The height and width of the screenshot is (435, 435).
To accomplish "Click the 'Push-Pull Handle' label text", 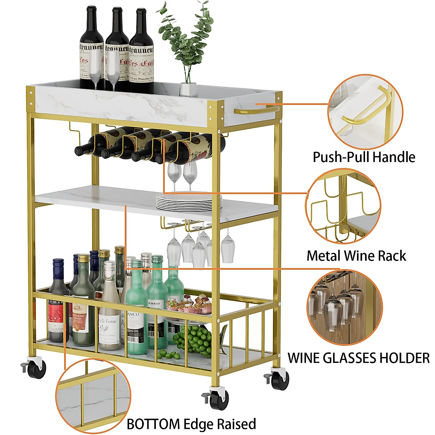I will click(364, 157).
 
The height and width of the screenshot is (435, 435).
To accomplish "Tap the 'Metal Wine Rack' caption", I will click(356, 256).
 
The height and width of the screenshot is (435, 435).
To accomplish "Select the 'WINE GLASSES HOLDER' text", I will click(359, 358).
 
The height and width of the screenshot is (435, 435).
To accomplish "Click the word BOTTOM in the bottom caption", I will click(153, 424).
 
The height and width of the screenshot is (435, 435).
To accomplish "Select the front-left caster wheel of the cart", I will click(36, 367).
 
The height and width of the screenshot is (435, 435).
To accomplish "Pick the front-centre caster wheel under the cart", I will click(219, 398).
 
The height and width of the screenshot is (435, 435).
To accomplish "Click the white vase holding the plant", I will click(188, 89).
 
